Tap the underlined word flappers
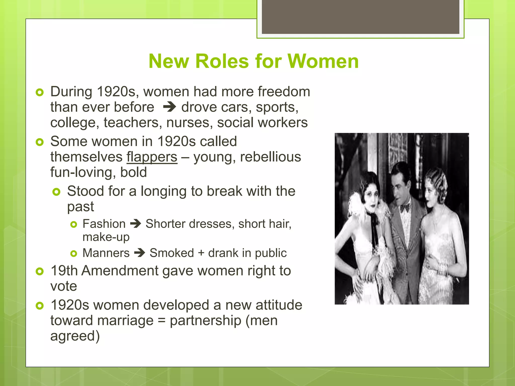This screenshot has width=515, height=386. (x=152, y=157)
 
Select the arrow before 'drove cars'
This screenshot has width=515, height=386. (x=169, y=107)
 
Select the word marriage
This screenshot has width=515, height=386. (x=125, y=321)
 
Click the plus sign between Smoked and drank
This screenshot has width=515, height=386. (x=201, y=253)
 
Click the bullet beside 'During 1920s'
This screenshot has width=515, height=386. (x=40, y=92)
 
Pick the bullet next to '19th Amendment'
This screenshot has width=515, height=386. (x=40, y=271)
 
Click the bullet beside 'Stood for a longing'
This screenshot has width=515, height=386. (x=57, y=192)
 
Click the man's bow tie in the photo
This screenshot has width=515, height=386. (x=405, y=208)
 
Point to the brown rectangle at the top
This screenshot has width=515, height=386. (x=360, y=17)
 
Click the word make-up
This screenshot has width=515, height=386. (x=106, y=237)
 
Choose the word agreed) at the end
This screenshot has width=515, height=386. (x=75, y=336)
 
